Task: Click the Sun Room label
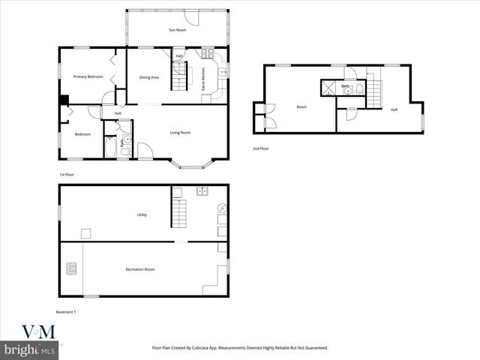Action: (177, 29)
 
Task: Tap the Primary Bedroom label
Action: (88, 76)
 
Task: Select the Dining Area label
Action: (149, 76)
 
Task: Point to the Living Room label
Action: (180, 133)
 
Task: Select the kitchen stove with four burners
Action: (207, 54)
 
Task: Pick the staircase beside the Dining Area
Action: (178, 76)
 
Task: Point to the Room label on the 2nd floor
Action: (301, 107)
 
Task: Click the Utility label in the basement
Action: (142, 214)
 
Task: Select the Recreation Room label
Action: (139, 269)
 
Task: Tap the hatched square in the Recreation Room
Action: (70, 268)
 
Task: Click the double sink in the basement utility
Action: (202, 191)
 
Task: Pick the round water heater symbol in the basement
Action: (222, 208)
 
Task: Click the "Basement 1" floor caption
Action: (66, 311)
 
